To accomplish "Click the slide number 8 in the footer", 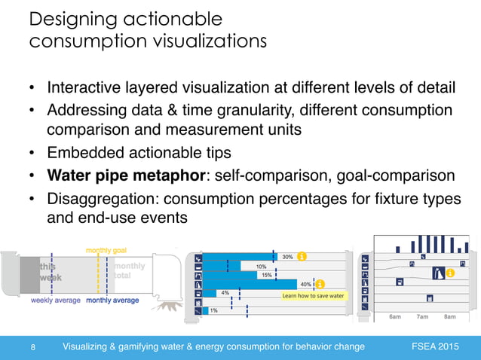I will (34, 346).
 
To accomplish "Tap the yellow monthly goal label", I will (106, 250).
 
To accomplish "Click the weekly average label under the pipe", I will (55, 300).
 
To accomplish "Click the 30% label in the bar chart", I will (287, 257).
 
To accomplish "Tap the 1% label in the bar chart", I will (215, 310).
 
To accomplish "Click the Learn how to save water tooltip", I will (313, 296).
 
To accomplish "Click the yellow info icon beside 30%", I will (302, 257).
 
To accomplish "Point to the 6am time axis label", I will (394, 316).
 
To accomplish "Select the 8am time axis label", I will (449, 316).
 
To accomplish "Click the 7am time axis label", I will (422, 316).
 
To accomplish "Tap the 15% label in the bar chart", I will (266, 275).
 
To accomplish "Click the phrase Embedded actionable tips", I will (139, 153).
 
